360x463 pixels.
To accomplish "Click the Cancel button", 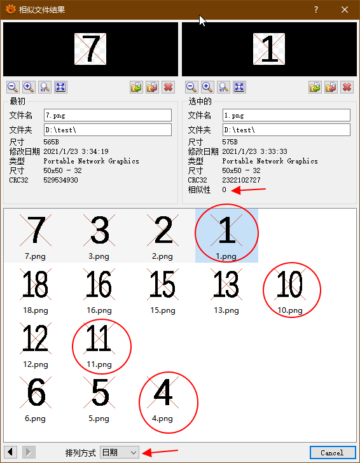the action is pos(333,452).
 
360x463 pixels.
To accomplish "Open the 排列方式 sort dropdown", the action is pos(120,452).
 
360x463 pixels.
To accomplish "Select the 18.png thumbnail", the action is pos(36,291).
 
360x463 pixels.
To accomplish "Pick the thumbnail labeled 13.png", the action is pos(226,291).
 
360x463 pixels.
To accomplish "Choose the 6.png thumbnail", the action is pos(36,399).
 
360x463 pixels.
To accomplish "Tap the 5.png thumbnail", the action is pos(99,399).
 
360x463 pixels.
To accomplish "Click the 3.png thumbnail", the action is pos(99,237).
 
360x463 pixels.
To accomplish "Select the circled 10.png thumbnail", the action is pos(290,291).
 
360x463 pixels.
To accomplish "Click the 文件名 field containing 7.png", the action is pos(107,115).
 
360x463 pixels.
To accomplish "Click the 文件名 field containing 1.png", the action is pos(286,115).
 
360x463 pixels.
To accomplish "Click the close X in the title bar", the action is pos(345,10).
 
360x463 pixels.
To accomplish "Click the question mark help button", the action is pos(316,10).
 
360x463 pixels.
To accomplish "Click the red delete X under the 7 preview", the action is pos(168,87).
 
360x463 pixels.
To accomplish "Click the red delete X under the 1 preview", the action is pos(347,87).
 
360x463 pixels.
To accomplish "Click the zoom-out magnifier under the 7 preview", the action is pos(13,87).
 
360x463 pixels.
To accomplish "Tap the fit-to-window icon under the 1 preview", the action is pos(239,87).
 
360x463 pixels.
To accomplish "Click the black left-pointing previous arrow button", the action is pos(10,452).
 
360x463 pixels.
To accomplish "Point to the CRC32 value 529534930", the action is pos(60,180).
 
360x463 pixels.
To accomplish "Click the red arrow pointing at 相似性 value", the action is pos(248,190).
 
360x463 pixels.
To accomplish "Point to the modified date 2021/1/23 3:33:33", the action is pos(254,151).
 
